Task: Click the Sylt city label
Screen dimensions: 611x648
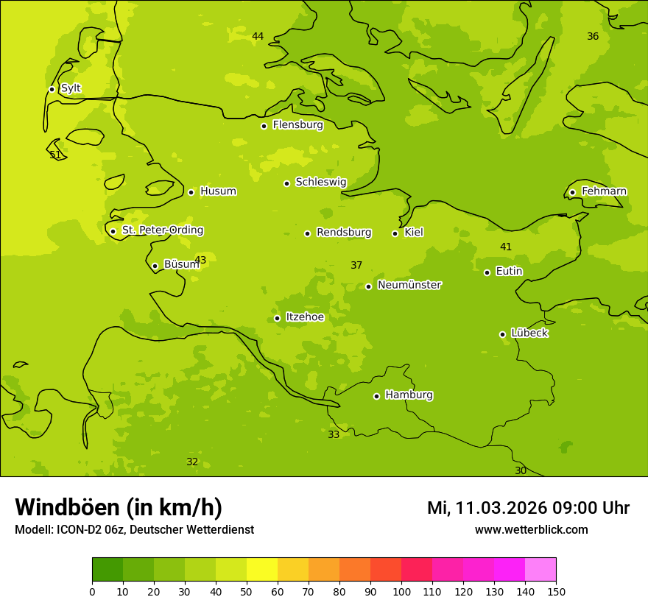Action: [x=71, y=88]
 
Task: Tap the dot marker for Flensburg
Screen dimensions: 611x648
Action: [x=264, y=126]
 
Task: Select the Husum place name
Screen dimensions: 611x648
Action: [x=218, y=191]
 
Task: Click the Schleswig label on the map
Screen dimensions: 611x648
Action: [x=320, y=182]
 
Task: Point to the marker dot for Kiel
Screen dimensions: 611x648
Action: [x=395, y=233]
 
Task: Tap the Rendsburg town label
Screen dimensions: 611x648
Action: [x=343, y=233]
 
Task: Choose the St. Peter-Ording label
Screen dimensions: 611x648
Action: [x=162, y=230]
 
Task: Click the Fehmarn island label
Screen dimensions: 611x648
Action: [x=604, y=191]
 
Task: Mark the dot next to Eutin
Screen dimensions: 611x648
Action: [x=487, y=272]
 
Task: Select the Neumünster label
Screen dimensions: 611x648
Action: [x=409, y=285]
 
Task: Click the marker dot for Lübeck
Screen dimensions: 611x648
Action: [x=502, y=334]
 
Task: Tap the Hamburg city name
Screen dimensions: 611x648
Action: [x=409, y=395]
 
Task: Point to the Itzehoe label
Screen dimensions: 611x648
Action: [x=305, y=317]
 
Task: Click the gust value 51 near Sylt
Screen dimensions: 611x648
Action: [x=55, y=155]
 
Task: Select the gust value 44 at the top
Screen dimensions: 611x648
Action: [x=258, y=36]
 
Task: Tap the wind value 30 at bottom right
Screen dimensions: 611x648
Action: [x=521, y=470]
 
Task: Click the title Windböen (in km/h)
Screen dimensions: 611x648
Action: [x=119, y=507]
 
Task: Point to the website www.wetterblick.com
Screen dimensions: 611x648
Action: [x=531, y=529]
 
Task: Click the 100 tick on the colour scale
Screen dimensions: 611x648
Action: [x=401, y=591]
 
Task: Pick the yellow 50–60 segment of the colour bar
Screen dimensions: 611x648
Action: [x=262, y=570]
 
